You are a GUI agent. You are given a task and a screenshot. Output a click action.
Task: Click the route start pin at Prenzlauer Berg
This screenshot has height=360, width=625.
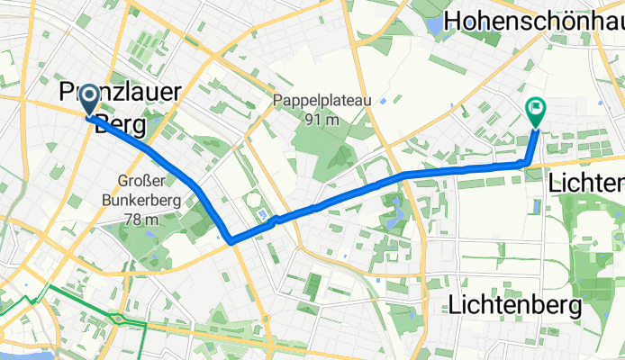tap(90, 103)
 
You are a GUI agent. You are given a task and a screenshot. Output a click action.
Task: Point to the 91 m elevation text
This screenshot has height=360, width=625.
tap(321, 120)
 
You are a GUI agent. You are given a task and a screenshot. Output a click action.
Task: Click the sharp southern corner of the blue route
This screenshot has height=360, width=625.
tap(231, 241)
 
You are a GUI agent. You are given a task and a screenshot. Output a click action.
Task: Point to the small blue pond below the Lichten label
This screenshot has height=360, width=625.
tap(537, 206)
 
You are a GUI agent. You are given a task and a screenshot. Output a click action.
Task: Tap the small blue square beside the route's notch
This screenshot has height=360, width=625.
tap(263, 214)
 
